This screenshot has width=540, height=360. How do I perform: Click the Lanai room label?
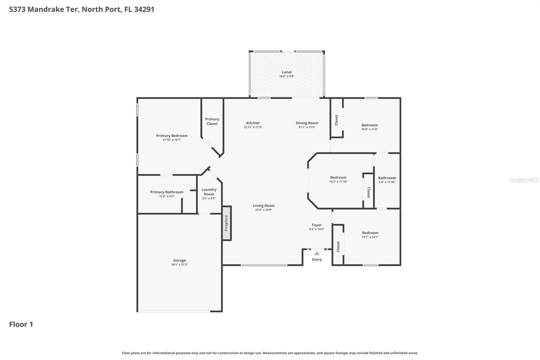(287, 72)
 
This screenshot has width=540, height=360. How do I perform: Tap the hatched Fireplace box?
(226, 223)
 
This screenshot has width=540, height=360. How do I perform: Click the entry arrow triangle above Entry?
(317, 253)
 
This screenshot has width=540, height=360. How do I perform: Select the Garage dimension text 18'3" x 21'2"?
(179, 265)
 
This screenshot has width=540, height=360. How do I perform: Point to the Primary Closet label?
(212, 121)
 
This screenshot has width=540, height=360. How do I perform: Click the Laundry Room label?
(209, 192)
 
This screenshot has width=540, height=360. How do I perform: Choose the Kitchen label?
(253, 123)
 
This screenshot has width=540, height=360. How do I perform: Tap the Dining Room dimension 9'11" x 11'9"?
(307, 127)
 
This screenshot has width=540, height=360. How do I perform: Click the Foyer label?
(317, 225)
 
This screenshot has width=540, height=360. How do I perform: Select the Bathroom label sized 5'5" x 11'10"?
(387, 178)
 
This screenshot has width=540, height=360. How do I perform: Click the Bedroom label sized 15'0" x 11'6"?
(370, 125)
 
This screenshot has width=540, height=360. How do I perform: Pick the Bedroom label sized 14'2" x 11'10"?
(338, 177)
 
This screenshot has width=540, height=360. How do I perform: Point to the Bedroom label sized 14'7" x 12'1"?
(370, 233)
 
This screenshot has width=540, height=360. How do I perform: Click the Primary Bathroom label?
(167, 192)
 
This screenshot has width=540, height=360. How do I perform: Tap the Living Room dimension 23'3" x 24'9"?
(264, 210)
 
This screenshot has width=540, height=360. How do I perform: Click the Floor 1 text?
(21, 324)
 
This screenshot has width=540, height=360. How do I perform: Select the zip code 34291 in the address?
(144, 9)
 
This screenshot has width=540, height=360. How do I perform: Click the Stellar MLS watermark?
(524, 180)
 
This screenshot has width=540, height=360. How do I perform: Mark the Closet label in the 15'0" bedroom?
(336, 120)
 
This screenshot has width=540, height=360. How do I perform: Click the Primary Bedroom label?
(172, 135)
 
